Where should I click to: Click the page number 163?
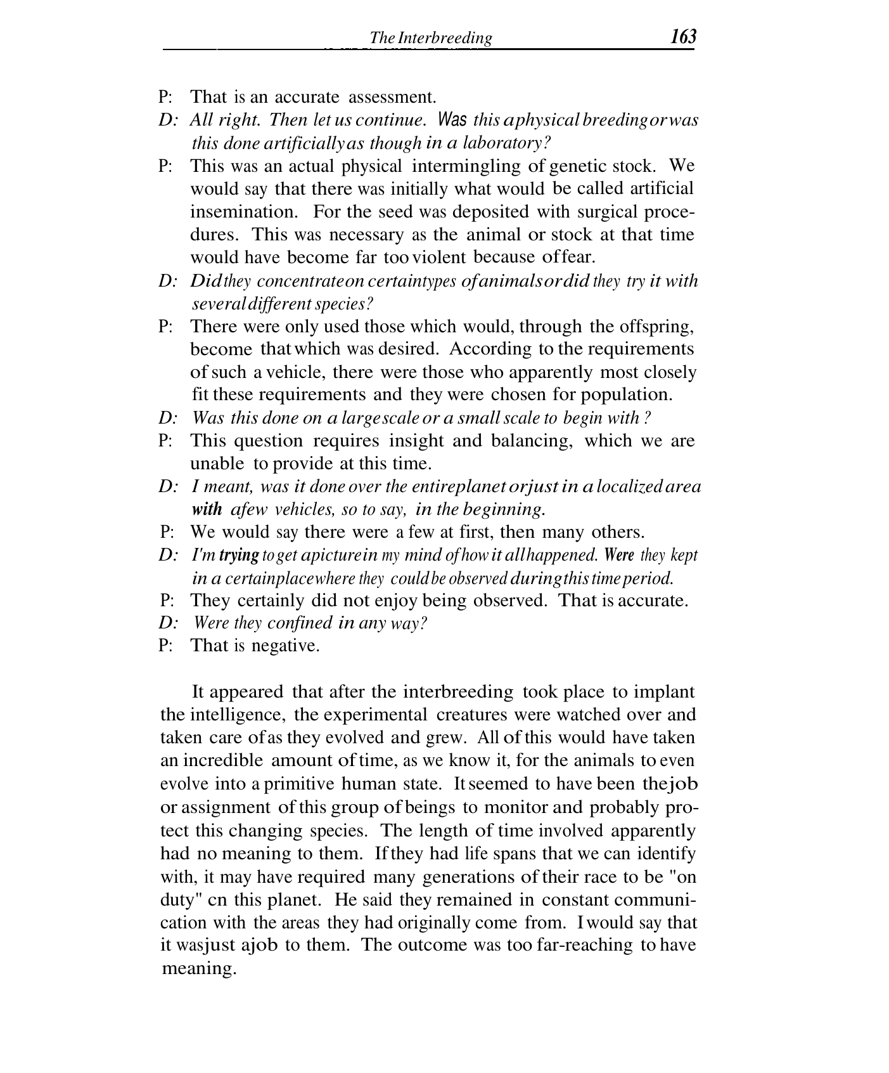click(x=683, y=37)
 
